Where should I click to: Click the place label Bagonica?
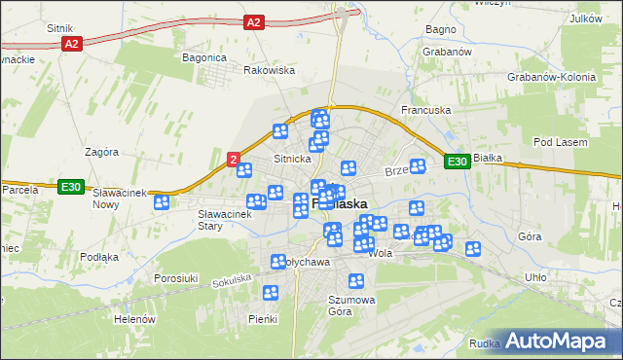point(204,57)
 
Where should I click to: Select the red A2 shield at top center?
point(253,21)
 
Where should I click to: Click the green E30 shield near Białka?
point(458,162)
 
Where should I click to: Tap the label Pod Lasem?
point(557,142)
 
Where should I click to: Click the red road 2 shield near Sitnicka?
point(234,157)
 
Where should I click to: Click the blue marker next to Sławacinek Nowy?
point(162,202)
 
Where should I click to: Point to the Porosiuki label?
point(176,278)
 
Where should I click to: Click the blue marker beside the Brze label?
point(418,166)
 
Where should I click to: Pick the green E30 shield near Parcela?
point(69,187)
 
